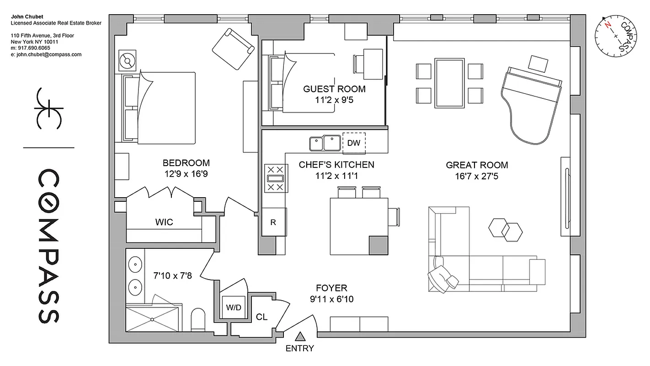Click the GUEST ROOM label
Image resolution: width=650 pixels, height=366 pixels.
[x=334, y=89]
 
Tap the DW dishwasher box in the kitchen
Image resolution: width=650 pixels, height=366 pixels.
[x=354, y=143]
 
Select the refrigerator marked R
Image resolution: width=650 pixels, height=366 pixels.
[x=273, y=222]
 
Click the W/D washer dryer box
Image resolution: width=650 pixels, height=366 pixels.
[x=233, y=307]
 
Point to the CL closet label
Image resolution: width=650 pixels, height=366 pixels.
[x=261, y=317]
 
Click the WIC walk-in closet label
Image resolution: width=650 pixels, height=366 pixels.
[x=164, y=222]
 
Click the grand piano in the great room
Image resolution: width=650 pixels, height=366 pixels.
[x=531, y=103]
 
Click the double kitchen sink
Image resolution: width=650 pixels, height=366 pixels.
[x=325, y=143]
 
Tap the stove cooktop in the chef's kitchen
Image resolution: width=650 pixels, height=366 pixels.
[x=275, y=178]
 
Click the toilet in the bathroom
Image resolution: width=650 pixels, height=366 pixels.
[x=198, y=319]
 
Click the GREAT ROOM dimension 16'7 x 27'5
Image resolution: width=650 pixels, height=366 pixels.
[x=476, y=176]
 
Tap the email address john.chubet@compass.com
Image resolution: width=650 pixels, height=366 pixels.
[x=46, y=54]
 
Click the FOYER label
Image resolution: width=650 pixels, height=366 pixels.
[x=331, y=288]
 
